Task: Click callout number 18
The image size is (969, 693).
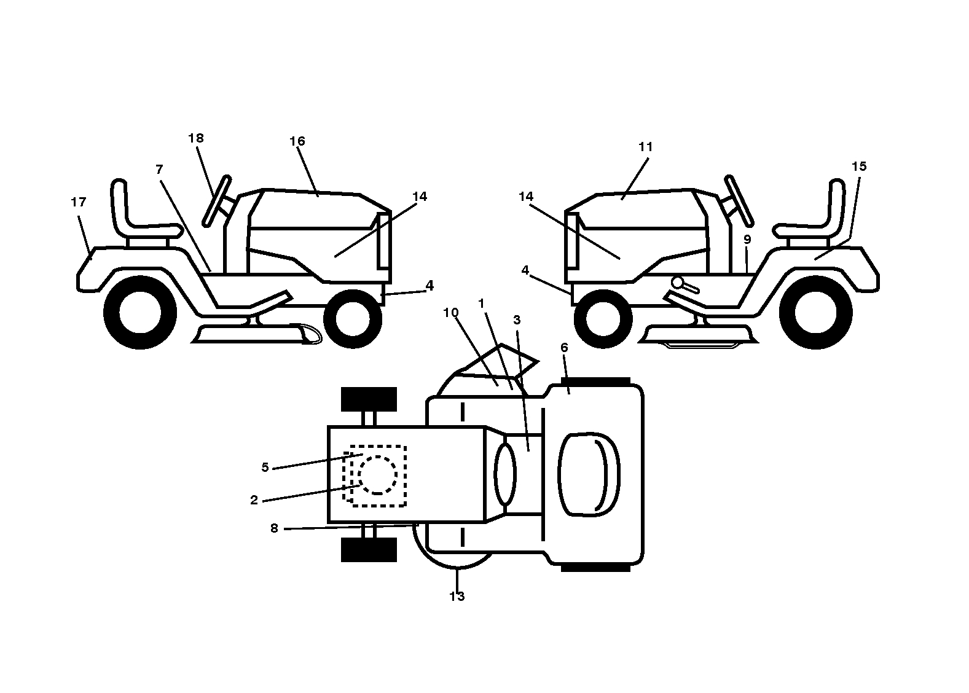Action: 195,138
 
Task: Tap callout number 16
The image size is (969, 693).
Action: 297,141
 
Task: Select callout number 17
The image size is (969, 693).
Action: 78,202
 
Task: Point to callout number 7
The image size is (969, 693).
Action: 159,170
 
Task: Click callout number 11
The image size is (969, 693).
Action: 645,147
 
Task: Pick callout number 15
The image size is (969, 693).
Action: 859,166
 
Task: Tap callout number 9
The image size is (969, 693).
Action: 747,239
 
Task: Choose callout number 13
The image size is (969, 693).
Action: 457,597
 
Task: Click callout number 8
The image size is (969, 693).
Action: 274,528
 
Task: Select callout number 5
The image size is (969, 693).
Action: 265,467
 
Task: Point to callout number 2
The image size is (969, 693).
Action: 254,500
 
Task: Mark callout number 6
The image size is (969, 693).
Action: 563,347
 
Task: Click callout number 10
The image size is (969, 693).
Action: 451,312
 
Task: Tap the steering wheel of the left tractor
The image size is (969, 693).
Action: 217,201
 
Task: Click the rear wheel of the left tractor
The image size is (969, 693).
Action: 139,312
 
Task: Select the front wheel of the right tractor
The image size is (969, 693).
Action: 603,318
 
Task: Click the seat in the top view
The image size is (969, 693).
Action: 589,474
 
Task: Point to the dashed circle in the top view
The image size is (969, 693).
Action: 378,474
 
